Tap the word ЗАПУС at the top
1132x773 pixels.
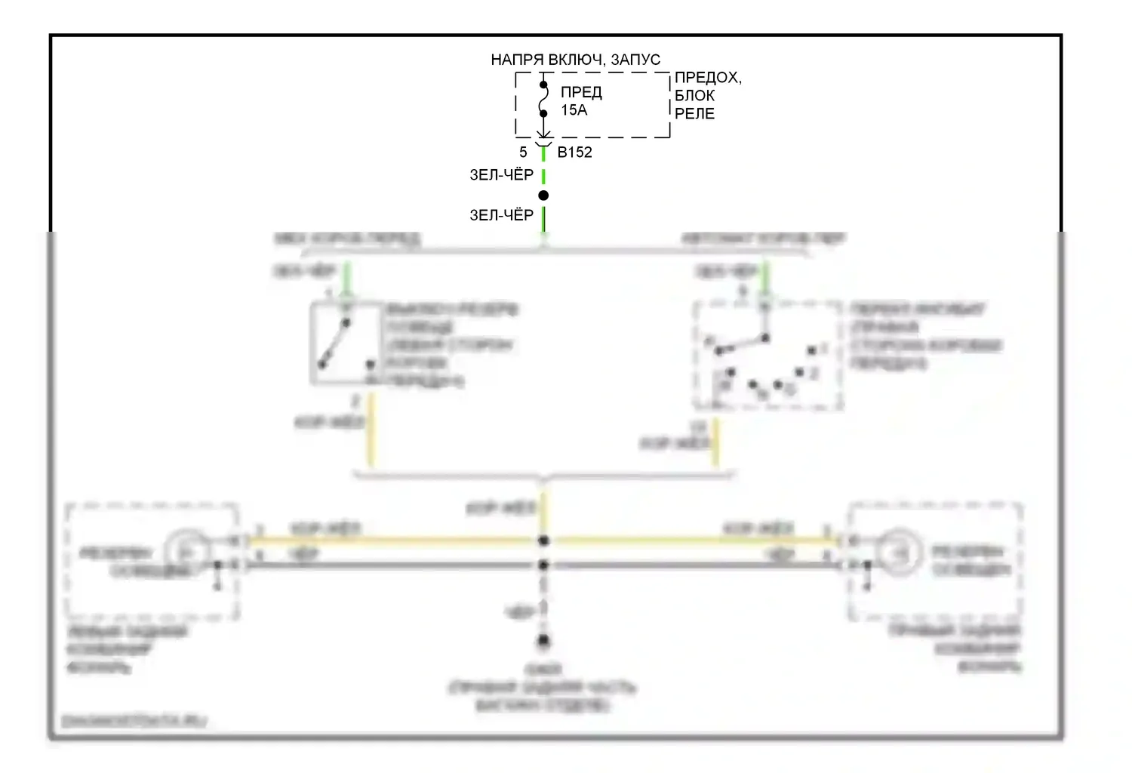coord(635,60)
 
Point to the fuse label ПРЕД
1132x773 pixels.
coord(581,93)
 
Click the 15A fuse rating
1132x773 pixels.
coord(574,110)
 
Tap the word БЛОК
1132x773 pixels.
coord(694,96)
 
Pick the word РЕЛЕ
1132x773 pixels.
coord(694,114)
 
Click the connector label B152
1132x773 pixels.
coord(574,152)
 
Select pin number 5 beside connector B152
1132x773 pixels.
coord(523,152)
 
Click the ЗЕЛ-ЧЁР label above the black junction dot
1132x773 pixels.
coord(501,175)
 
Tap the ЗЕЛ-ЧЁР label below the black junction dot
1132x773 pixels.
coord(501,216)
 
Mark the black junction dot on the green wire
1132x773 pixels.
coord(543,196)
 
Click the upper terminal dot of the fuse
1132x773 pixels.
coord(543,85)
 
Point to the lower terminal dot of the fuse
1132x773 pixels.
coord(543,114)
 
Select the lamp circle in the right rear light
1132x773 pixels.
coord(900,553)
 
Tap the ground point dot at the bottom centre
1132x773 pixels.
coord(543,642)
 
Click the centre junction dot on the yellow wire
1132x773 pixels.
coord(543,540)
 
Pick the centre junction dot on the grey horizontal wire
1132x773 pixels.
coord(543,565)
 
